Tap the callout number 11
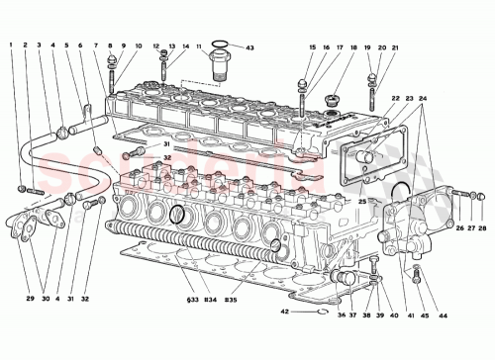pos(199,45)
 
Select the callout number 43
pos(250,48)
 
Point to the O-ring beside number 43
pos(223,45)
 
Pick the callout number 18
pos(341,45)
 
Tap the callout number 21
pos(395,45)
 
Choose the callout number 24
pos(425,98)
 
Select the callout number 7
pos(97,45)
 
